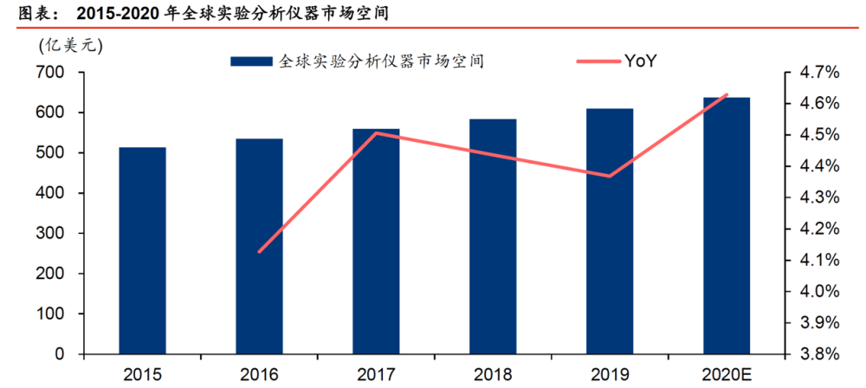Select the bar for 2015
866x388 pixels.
(x=143, y=250)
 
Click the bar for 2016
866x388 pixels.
(x=259, y=246)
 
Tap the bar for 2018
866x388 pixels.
(x=493, y=236)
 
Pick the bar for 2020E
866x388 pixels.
(x=727, y=225)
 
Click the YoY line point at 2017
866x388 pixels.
(x=376, y=133)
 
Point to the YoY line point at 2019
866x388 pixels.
(x=610, y=177)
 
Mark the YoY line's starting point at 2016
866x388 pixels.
(x=259, y=252)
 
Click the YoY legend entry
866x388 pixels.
(x=616, y=61)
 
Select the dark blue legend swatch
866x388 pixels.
(x=251, y=61)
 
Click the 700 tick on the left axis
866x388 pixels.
(x=55, y=73)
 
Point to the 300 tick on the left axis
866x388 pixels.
(x=55, y=234)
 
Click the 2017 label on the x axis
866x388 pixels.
(x=376, y=375)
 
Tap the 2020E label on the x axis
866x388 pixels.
(x=727, y=375)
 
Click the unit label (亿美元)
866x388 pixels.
(x=71, y=46)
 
